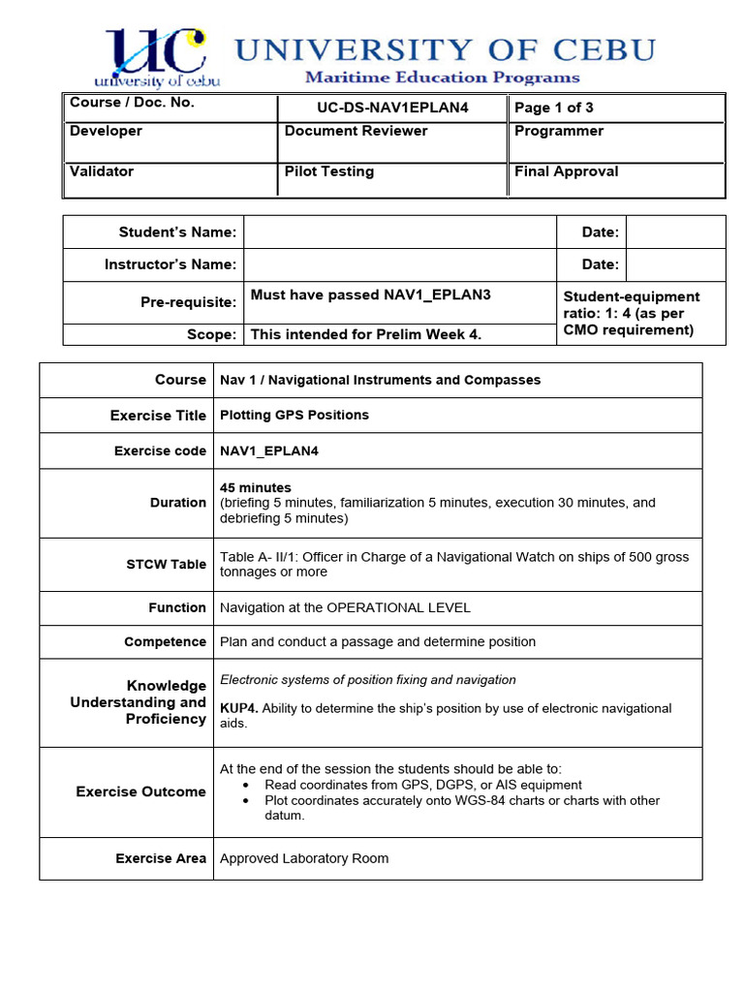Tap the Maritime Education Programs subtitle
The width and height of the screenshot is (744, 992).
442,77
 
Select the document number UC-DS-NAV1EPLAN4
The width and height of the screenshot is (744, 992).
391,108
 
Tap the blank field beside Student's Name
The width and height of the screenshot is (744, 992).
399,232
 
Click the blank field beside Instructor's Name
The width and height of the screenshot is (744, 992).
399,264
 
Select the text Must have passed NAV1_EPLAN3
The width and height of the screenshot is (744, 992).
370,294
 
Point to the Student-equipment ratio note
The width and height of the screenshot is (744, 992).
632,313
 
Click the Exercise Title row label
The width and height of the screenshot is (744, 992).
158,416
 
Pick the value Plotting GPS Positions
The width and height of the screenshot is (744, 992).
294,415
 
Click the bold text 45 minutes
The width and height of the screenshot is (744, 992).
256,487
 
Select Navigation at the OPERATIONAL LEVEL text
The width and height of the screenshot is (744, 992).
345,607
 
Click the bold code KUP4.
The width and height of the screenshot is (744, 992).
238,708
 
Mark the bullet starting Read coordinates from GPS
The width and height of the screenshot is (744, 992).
422,785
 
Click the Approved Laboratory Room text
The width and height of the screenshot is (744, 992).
304,858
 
